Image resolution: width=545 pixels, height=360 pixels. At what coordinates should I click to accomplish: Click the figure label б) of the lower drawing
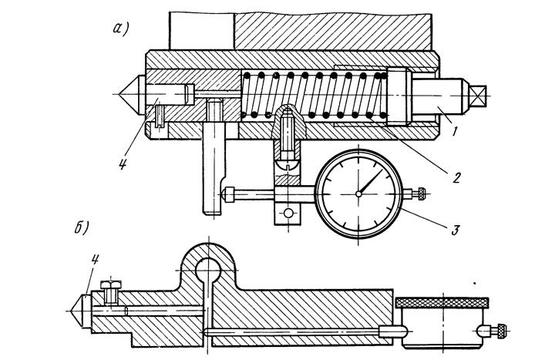click(x=82, y=227)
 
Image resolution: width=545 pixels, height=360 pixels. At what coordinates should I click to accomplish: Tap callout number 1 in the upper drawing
click(x=455, y=131)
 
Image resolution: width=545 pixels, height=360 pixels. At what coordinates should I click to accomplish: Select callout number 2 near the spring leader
click(x=456, y=177)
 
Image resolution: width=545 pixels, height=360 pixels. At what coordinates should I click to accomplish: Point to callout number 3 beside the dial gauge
click(x=455, y=230)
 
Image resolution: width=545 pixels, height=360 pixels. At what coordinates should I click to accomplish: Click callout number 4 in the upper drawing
click(x=122, y=163)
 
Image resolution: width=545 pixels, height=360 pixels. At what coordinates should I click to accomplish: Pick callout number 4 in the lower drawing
click(x=95, y=260)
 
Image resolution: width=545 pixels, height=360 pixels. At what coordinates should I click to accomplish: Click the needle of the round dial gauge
click(x=371, y=181)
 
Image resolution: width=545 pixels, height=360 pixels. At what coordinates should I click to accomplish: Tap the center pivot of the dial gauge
click(x=358, y=194)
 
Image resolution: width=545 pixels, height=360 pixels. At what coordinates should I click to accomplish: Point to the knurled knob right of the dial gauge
click(x=421, y=193)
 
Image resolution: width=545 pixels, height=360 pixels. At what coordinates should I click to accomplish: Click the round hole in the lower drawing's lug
click(x=208, y=270)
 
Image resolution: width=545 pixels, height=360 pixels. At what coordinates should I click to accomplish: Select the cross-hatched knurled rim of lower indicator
click(x=442, y=302)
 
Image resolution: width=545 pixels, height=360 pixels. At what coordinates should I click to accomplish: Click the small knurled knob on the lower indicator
click(x=501, y=330)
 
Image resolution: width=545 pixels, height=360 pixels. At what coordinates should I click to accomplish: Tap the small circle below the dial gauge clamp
click(x=288, y=213)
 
